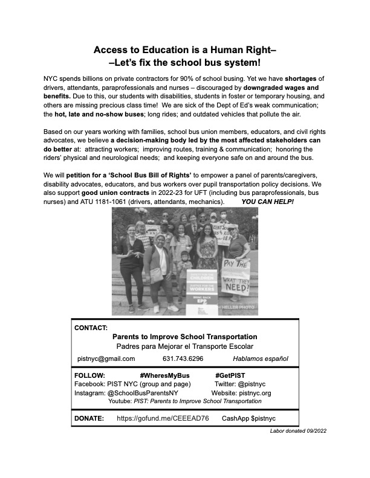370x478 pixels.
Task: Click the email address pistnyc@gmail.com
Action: pyautogui.click(x=106, y=358)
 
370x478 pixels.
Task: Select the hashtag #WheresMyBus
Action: pyautogui.click(x=164, y=375)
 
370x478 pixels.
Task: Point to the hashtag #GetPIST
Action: pyautogui.click(x=233, y=375)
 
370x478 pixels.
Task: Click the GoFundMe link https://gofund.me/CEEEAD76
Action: pyautogui.click(x=163, y=418)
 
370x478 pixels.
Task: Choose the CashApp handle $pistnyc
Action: pyautogui.click(x=262, y=418)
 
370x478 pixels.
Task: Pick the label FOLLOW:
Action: pyautogui.click(x=89, y=375)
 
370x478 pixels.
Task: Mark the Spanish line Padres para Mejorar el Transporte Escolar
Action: pyautogui.click(x=184, y=346)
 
